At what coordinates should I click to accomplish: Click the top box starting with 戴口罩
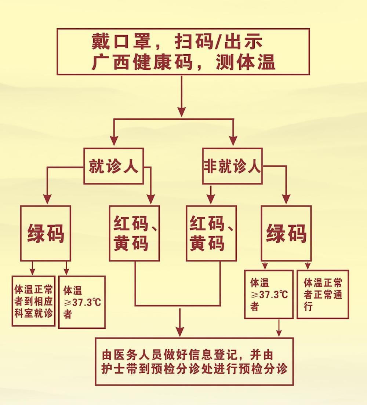(x=183, y=52)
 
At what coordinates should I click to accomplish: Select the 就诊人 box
(x=113, y=166)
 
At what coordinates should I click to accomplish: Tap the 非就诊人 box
(x=232, y=166)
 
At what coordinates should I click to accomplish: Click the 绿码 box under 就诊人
(x=46, y=233)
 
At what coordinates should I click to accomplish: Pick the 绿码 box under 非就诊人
(x=286, y=233)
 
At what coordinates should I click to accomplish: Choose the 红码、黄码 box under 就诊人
(x=134, y=233)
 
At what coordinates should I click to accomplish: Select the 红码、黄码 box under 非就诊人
(x=211, y=233)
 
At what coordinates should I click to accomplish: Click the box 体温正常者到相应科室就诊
(x=33, y=301)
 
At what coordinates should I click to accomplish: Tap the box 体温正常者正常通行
(x=323, y=294)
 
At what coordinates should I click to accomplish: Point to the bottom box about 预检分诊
(x=194, y=361)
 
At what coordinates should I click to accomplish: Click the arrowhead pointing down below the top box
(x=182, y=112)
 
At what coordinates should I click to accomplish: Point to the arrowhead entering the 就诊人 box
(x=114, y=141)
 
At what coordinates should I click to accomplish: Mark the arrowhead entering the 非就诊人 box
(x=233, y=141)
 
